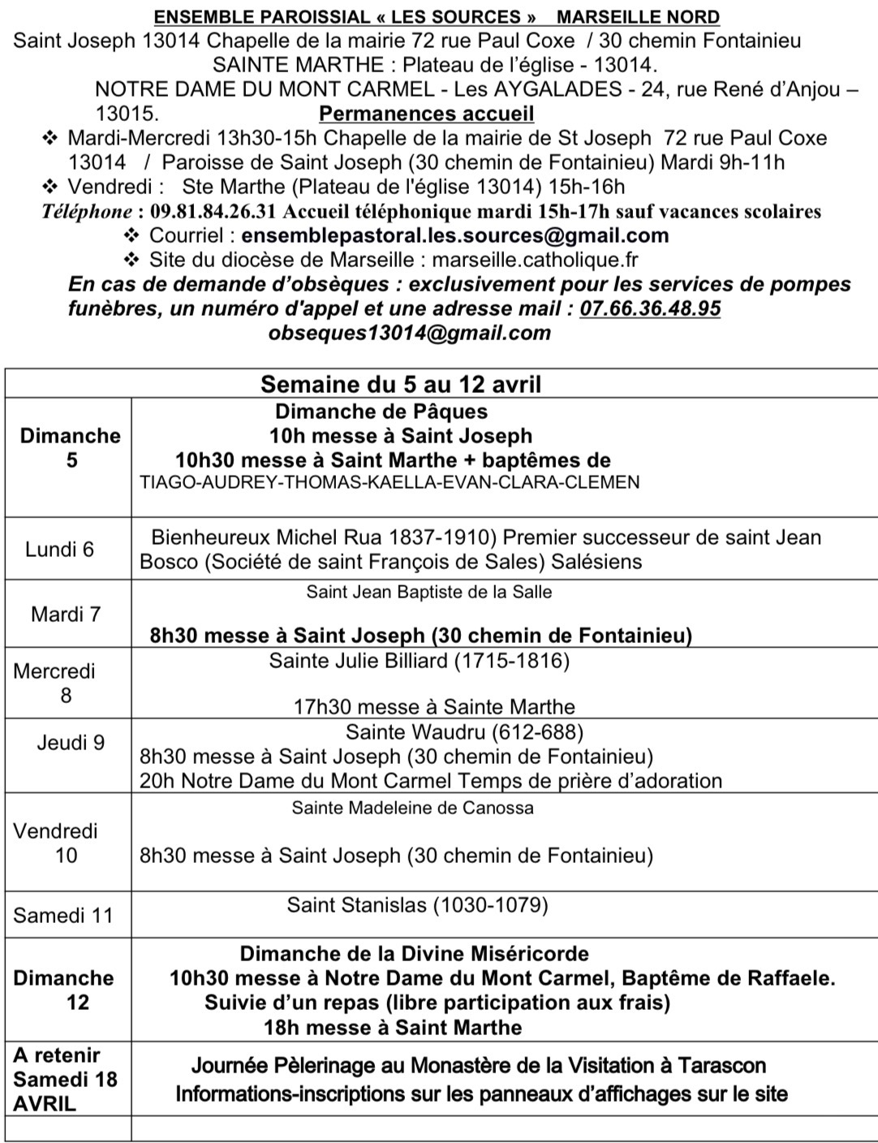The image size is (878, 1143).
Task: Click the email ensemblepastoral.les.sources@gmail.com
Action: (454, 236)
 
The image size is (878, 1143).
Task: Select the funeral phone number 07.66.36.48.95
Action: (653, 308)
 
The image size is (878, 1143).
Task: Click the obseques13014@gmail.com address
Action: (409, 333)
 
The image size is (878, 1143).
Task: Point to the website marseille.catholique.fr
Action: (536, 261)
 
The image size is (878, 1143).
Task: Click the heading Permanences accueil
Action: (426, 114)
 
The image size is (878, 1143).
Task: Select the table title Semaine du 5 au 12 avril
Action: (401, 384)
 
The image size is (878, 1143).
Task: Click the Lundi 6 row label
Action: (59, 550)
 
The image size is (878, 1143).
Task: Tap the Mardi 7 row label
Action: (66, 614)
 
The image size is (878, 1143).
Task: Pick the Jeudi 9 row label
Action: (71, 742)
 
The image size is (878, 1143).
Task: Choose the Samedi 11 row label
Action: (62, 916)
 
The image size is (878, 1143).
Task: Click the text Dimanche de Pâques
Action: (381, 412)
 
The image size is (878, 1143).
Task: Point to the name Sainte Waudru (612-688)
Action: (464, 732)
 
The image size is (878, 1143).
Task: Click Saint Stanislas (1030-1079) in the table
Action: (417, 904)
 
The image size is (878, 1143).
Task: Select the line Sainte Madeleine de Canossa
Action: (412, 808)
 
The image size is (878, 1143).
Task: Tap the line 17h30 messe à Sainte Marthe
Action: (434, 707)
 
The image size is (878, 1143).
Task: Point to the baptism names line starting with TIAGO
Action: (390, 482)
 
